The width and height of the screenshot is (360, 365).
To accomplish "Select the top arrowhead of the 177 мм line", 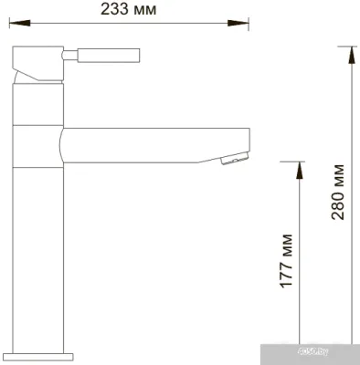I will point(297,168).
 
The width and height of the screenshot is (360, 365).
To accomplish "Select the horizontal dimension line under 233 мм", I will point(128,22).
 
